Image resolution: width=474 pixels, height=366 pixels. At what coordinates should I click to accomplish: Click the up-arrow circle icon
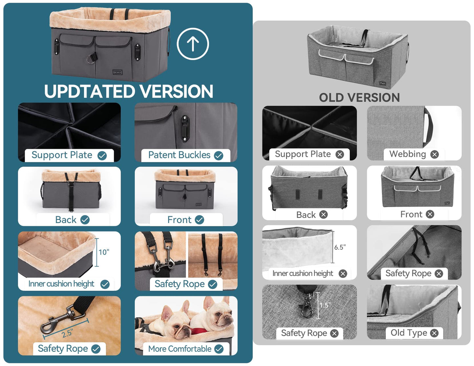[x=193, y=44]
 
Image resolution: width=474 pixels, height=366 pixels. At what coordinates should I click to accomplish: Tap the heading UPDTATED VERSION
[x=129, y=91]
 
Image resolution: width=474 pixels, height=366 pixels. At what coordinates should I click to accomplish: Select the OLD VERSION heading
[x=359, y=97]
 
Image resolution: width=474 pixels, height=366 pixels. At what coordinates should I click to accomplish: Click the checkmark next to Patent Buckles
[x=218, y=155]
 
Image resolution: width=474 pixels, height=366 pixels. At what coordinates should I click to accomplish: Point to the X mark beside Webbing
[x=434, y=154]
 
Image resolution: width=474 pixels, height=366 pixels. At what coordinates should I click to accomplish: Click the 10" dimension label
[x=104, y=252]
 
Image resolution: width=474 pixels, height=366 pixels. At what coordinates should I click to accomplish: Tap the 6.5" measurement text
[x=340, y=247]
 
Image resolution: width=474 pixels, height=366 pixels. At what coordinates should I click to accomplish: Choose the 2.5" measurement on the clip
[x=67, y=333]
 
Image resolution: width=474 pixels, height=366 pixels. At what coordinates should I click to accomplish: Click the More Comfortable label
[x=180, y=349]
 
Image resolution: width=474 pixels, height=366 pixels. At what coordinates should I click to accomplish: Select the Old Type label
[x=409, y=332]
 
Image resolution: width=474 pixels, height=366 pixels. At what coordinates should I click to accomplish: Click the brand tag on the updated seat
[x=117, y=72]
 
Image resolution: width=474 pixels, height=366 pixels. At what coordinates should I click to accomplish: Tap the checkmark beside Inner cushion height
[x=105, y=284]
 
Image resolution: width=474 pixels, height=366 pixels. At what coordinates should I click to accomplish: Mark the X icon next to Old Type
[x=434, y=333]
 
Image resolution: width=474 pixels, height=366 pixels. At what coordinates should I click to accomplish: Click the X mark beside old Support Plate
[x=340, y=154]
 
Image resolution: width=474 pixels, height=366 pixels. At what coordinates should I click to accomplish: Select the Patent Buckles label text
[x=179, y=155]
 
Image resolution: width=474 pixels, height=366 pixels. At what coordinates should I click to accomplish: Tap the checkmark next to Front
[x=199, y=220]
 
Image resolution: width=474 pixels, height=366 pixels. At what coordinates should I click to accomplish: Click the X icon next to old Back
[x=323, y=215]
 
